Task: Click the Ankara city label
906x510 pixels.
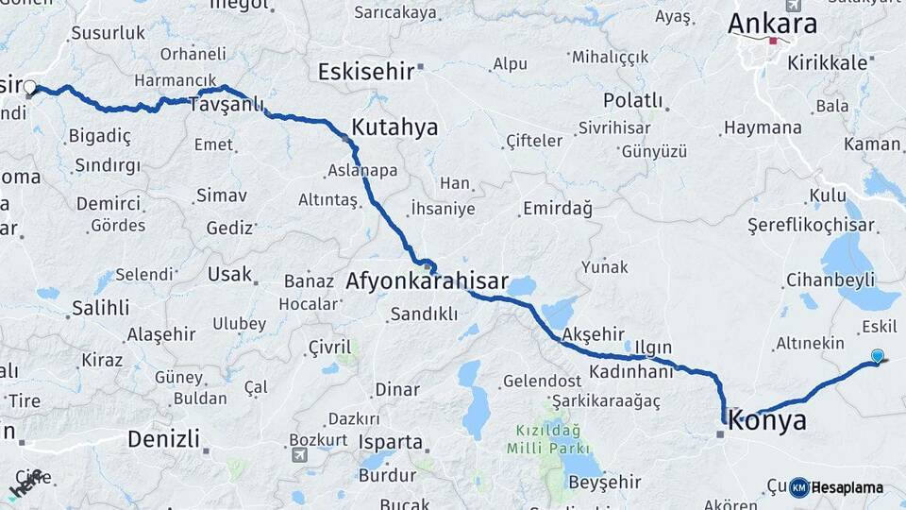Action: coord(772,24)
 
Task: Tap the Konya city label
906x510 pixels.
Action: coord(768,420)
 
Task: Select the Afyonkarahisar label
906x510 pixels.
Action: coord(427,281)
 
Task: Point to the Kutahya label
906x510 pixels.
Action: coord(394,127)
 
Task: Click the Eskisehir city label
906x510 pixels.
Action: coord(366,72)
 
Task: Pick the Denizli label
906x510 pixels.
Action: coord(163,438)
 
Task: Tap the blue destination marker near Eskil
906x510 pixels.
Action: coord(878,356)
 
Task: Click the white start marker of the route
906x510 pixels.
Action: coord(29,88)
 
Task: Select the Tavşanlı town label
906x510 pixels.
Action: coord(226,104)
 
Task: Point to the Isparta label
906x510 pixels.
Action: coord(390,441)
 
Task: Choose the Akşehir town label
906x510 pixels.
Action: coord(593,334)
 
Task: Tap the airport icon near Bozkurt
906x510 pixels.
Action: coord(300,454)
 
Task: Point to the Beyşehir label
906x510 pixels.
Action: coord(605,483)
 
